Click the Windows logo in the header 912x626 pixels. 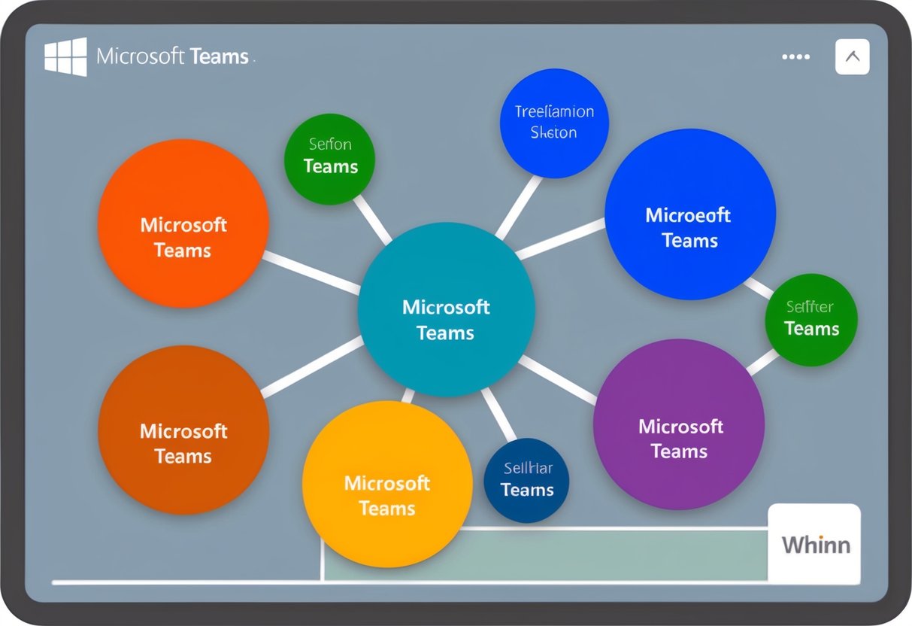pyautogui.click(x=65, y=56)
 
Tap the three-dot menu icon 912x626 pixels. pyautogui.click(x=795, y=56)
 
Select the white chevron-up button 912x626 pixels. pyautogui.click(x=852, y=56)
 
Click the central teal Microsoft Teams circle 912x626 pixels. pyautogui.click(x=446, y=309)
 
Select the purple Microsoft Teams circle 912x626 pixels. pyautogui.click(x=679, y=424)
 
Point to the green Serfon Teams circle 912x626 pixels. pyautogui.click(x=329, y=159)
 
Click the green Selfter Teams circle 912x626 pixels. pyautogui.click(x=811, y=320)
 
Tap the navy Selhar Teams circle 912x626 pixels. pyautogui.click(x=526, y=481)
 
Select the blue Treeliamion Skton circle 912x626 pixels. pyautogui.click(x=554, y=123)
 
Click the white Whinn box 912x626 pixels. pyautogui.click(x=815, y=544)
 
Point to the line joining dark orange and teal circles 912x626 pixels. pyautogui.click(x=312, y=366)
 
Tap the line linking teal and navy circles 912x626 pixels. pyautogui.click(x=498, y=415)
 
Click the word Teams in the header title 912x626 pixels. pyautogui.click(x=220, y=56)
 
